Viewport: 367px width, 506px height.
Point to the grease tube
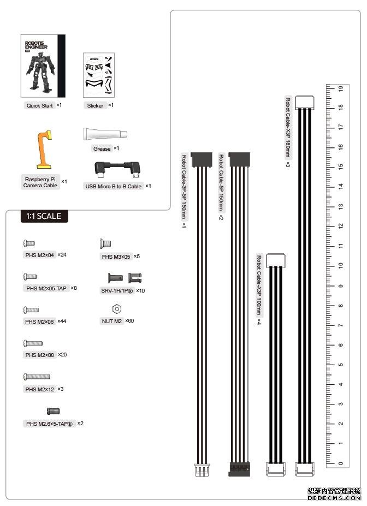(x=105, y=134)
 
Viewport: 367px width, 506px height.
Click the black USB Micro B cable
(x=117, y=169)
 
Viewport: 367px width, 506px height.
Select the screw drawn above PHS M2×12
(x=37, y=376)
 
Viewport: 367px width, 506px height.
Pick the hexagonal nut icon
(x=116, y=309)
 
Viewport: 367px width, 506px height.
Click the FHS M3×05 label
(x=116, y=256)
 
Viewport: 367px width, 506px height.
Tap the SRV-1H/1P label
(x=117, y=291)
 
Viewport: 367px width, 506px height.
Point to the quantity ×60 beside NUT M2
(x=129, y=320)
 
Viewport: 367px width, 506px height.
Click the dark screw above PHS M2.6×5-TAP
(x=53, y=410)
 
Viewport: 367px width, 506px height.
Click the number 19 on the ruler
(x=340, y=88)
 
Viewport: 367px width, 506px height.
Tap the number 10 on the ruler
(x=340, y=266)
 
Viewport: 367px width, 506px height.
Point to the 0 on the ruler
(x=340, y=463)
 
